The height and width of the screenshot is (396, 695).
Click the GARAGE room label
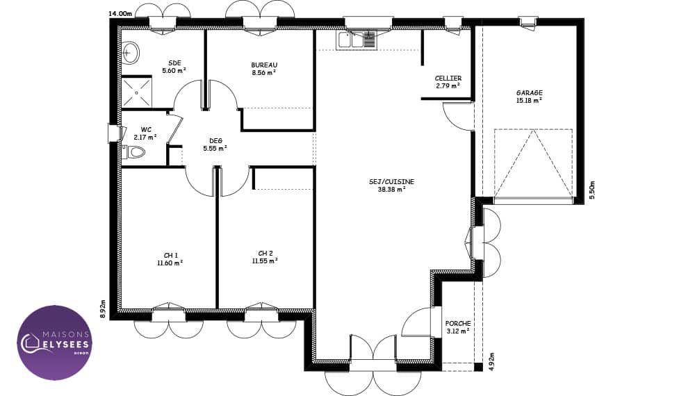[x=529, y=93]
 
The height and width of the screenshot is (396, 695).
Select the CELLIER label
[x=448, y=79]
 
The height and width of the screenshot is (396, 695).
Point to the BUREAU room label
[x=264, y=65]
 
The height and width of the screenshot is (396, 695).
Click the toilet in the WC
[x=133, y=152]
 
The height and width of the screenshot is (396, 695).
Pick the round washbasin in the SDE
[x=130, y=53]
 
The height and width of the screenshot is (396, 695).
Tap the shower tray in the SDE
[x=136, y=92]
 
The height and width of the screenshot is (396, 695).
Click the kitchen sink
[x=357, y=40]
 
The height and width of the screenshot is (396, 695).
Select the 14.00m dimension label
[x=120, y=14]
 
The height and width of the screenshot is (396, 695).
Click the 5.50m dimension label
[x=593, y=191]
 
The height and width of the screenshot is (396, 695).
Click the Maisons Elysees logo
[x=55, y=343]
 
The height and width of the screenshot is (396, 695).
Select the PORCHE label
[x=458, y=324]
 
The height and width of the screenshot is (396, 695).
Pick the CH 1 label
[x=171, y=256]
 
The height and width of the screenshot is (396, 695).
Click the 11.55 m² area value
[x=265, y=261]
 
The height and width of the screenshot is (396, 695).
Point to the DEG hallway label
[x=216, y=141]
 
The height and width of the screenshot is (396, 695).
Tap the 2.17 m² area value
[x=145, y=138]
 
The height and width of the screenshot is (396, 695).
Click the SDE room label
[x=174, y=63]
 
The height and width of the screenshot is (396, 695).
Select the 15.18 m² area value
[x=529, y=101]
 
